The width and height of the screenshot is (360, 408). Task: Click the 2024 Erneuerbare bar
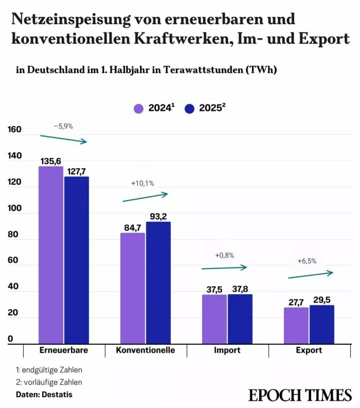(51, 255)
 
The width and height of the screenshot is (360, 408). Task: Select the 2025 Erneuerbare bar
(77, 260)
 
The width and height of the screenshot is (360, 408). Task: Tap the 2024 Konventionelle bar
(133, 288)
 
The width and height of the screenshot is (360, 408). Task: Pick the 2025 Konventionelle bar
(158, 283)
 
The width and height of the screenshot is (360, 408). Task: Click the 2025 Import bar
(240, 319)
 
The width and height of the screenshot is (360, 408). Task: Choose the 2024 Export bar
(296, 325)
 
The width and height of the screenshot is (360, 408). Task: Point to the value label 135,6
(51, 161)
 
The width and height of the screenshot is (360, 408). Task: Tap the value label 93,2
(158, 216)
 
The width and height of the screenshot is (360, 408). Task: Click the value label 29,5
(322, 299)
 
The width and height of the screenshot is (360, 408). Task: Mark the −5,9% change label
(63, 126)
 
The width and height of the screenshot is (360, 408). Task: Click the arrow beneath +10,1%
(145, 197)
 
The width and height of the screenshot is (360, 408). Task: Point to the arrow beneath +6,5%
(311, 275)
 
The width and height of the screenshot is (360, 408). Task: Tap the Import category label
(227, 350)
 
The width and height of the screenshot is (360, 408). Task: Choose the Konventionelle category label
(146, 350)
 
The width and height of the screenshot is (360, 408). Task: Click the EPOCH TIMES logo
(300, 395)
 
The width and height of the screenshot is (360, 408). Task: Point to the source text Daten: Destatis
(44, 395)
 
